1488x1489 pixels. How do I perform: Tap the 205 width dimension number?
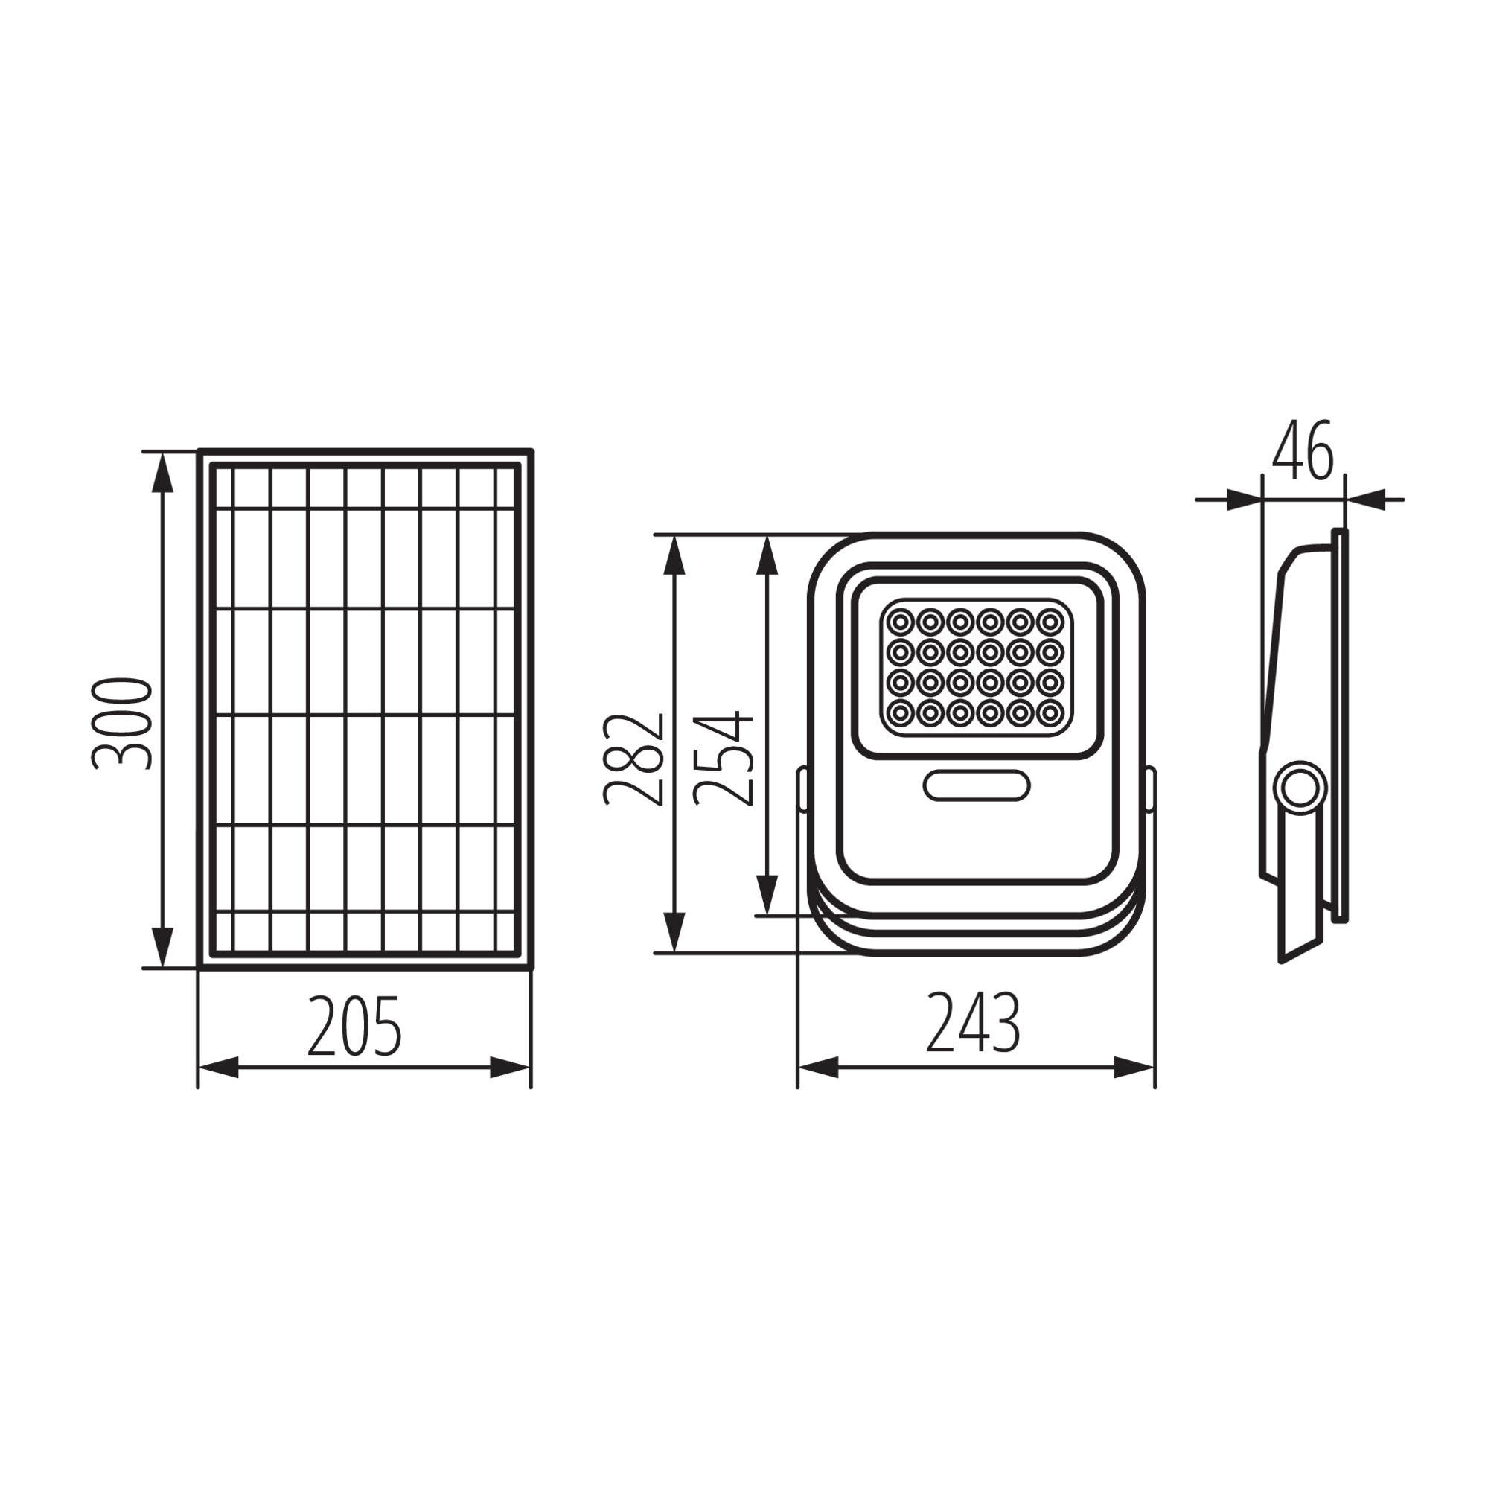[354, 1027]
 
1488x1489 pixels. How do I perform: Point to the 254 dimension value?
[723, 759]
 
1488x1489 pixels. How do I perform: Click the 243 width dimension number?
[973, 1023]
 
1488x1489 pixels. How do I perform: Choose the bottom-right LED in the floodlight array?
[1050, 713]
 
